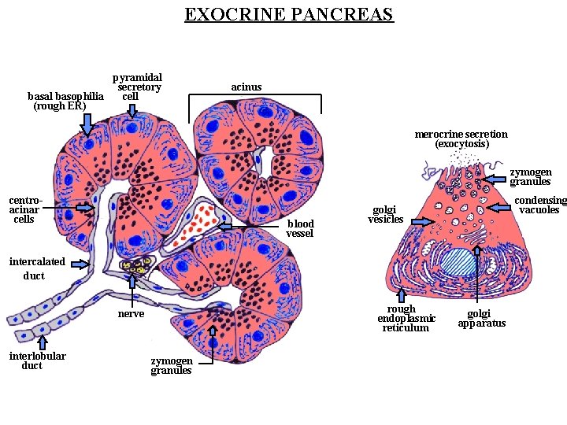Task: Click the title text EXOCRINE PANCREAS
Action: [288, 14]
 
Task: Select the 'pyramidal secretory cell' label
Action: [137, 87]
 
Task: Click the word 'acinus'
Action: [246, 86]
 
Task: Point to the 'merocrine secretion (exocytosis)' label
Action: [461, 139]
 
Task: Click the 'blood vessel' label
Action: [299, 229]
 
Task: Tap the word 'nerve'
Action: [131, 314]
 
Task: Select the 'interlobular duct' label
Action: [37, 360]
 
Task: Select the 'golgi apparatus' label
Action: [481, 318]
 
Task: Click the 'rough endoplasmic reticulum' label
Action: [406, 319]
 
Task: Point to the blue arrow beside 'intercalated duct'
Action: [80, 264]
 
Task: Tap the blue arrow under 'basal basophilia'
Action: [87, 123]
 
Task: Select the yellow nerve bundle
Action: [135, 267]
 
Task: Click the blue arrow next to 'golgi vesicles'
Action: [421, 223]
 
